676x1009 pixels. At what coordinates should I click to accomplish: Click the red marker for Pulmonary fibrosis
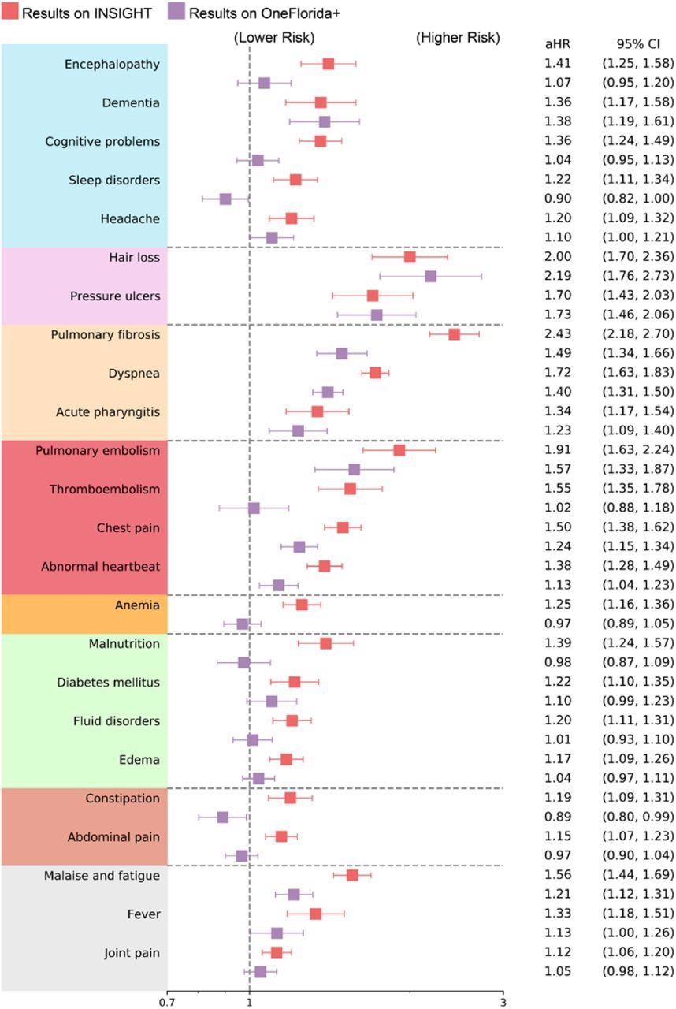pyautogui.click(x=454, y=334)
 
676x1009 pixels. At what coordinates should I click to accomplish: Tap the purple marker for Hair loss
pyautogui.click(x=430, y=276)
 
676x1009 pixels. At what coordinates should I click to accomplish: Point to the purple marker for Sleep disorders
pyautogui.click(x=225, y=199)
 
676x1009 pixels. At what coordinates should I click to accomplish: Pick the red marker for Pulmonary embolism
pyautogui.click(x=399, y=450)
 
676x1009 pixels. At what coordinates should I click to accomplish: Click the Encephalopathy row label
pyautogui.click(x=112, y=65)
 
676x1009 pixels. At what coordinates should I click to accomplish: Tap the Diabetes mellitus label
pyautogui.click(x=108, y=683)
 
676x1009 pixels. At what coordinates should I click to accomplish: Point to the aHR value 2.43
pyautogui.click(x=558, y=334)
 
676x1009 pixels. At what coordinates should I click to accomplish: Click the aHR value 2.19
pyautogui.click(x=558, y=276)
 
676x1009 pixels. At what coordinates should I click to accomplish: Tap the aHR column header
pyautogui.click(x=558, y=44)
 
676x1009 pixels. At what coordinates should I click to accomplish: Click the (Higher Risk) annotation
pyautogui.click(x=457, y=38)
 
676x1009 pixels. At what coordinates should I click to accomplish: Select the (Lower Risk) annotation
pyautogui.click(x=274, y=38)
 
